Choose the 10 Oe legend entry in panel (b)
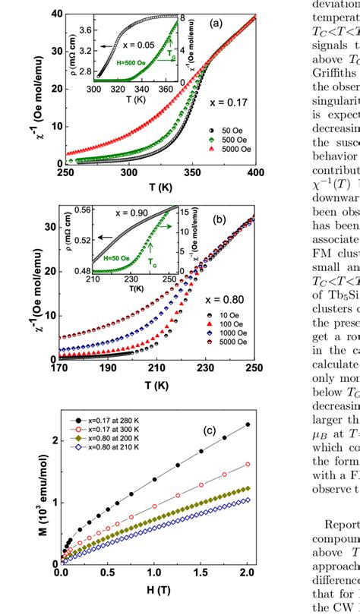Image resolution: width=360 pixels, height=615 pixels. [x=231, y=314]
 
